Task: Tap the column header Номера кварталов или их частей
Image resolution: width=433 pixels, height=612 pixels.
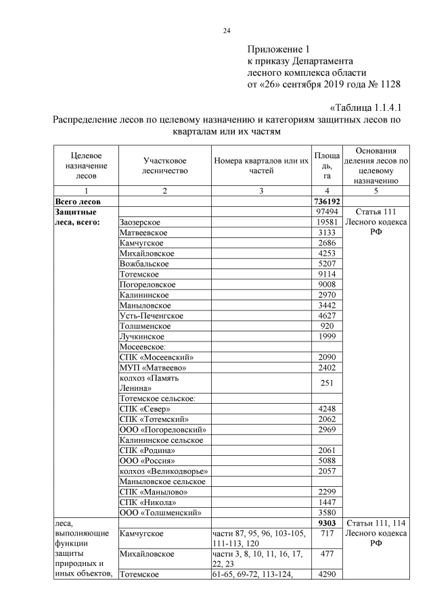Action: tap(261, 166)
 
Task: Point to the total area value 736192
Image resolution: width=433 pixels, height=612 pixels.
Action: tap(327, 202)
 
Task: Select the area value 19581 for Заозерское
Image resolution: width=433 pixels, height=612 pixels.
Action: tap(327, 222)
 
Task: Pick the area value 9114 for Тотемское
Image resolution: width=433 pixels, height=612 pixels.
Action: tap(327, 275)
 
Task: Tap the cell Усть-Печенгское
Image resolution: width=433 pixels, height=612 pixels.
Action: tap(151, 315)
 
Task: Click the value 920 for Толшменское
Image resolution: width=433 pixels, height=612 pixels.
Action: tap(327, 326)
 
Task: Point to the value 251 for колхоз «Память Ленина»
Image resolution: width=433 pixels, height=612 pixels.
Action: tap(327, 383)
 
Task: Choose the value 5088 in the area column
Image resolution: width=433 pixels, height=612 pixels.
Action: tap(327, 460)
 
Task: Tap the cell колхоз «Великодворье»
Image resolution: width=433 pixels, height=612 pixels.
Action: tap(162, 471)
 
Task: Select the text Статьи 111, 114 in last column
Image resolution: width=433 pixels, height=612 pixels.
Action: tap(375, 523)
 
